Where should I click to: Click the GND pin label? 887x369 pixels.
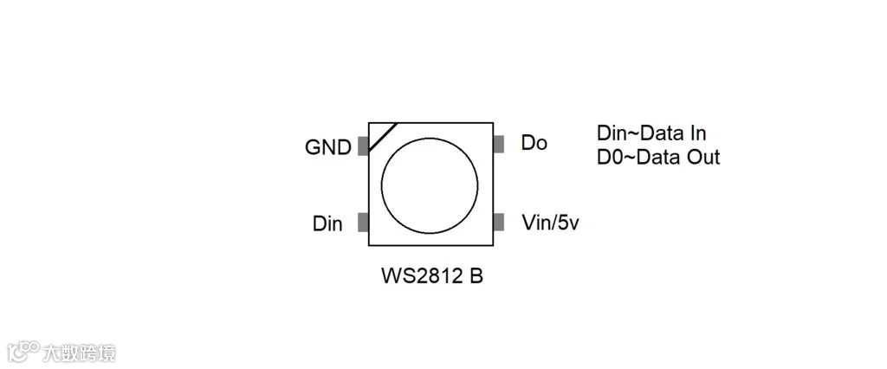coord(328,147)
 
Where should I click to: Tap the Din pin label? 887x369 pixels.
coord(327,224)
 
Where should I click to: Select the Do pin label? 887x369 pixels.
coord(534,143)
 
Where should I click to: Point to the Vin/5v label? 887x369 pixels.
coord(550,223)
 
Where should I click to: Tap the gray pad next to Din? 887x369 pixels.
coord(363,223)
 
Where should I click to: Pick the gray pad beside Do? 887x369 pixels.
coord(498,144)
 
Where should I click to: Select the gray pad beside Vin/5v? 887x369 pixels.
coord(498,223)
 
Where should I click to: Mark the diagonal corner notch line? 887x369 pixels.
coord(383,137)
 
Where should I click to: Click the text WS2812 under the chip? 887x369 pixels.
coord(421,276)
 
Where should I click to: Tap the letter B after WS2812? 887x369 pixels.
coord(476,276)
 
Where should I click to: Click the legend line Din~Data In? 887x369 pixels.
coord(651,133)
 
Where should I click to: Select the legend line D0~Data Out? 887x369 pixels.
coord(658,157)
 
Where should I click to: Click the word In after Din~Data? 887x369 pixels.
coord(697,133)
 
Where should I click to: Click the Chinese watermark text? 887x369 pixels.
coord(80,353)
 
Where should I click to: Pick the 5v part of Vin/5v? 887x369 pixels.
coord(567,223)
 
